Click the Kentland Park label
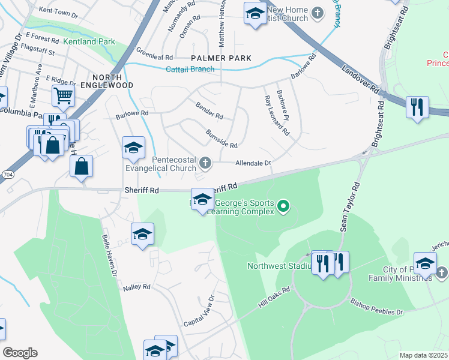pyautogui.click(x=89, y=42)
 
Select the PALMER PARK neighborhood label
pyautogui.click(x=221, y=58)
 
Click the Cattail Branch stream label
pyautogui.click(x=190, y=69)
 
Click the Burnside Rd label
pyautogui.click(x=221, y=138)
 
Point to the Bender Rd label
pyautogui.click(x=209, y=109)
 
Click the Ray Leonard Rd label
pyautogui.click(x=273, y=112)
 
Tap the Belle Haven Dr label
pyautogui.click(x=110, y=255)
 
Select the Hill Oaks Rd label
pyautogui.click(x=274, y=297)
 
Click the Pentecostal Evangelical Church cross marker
pyautogui.click(x=205, y=162)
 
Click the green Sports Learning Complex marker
pyautogui.click(x=283, y=208)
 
